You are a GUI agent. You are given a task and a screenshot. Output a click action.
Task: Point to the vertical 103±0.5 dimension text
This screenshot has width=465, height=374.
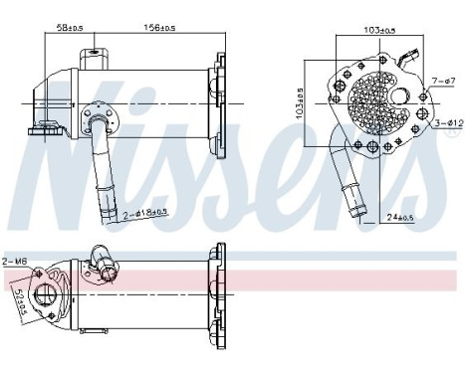click(x=300, y=100)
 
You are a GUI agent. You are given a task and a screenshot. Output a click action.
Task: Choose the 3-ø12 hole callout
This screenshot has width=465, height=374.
click(x=447, y=122)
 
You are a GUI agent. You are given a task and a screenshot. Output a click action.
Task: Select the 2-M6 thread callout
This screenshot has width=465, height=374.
click(x=14, y=261)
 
